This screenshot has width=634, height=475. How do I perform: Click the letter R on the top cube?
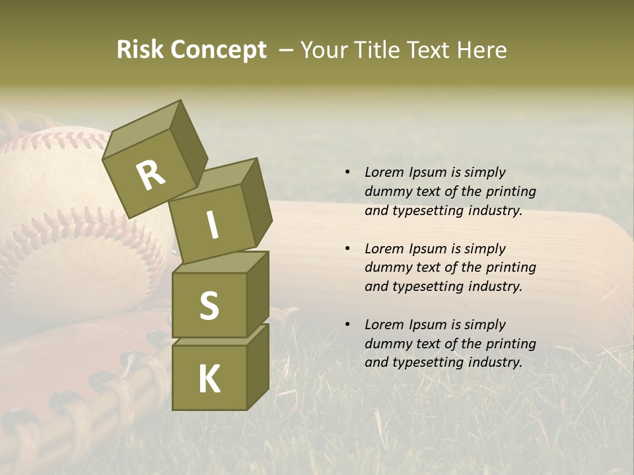coord(151,175)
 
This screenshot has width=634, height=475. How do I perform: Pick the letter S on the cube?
coord(209,305)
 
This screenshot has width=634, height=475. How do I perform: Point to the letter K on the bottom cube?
coord(209,379)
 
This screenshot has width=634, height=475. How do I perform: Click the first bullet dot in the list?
coord(347,173)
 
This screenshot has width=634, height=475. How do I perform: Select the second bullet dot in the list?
coord(347,249)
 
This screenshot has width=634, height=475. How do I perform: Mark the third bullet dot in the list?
coord(347,325)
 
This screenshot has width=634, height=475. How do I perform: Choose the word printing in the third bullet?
coord(511,343)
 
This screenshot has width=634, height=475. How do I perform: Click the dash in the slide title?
coord(286,50)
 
